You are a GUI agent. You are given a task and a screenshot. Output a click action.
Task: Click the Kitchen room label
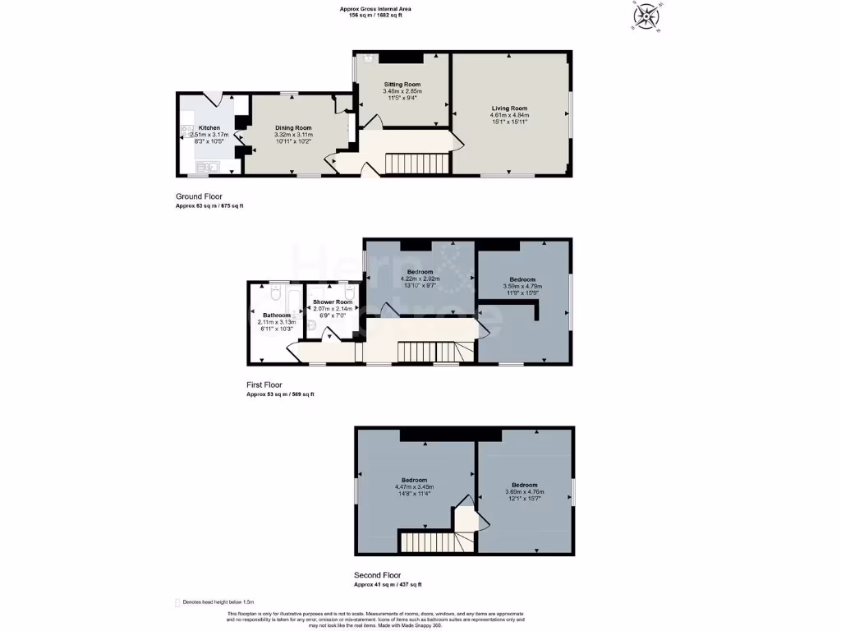coord(209,128)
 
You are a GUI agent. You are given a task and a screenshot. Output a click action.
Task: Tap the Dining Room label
coord(293,128)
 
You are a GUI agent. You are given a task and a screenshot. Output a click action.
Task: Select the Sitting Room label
coord(402,85)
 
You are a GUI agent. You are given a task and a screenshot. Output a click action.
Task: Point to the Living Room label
coord(509,108)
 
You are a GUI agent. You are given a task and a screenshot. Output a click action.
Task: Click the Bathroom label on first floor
coord(277,315)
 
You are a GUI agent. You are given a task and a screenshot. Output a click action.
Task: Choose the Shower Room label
coord(333,302)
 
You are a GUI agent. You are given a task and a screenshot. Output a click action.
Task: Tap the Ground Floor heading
coord(199,196)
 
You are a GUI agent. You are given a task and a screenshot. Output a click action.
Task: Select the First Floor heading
coord(264,385)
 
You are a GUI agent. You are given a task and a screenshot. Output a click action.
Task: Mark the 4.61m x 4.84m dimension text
coord(509,116)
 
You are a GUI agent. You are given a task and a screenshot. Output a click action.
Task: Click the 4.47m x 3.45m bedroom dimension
coord(414,487)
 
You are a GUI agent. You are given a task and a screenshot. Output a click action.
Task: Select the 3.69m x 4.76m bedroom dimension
coord(524,492)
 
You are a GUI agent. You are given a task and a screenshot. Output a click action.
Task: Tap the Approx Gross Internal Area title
coord(375,9)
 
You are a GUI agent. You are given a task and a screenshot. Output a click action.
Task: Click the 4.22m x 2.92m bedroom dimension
coord(420,279)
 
